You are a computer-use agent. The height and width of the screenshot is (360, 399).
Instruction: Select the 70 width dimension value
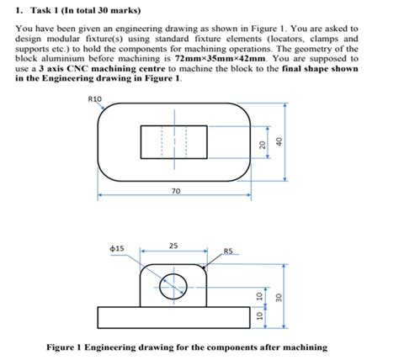tap(174, 192)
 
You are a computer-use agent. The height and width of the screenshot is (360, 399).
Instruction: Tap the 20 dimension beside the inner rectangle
tap(263, 144)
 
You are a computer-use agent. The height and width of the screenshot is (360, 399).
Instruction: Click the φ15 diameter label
tap(117, 248)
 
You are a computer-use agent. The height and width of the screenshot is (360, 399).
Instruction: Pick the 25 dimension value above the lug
tap(173, 246)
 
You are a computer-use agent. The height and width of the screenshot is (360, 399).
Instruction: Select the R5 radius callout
tap(228, 250)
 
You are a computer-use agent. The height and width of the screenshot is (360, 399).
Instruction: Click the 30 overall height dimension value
tap(277, 299)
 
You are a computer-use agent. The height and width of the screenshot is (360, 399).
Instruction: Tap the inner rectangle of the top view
tap(174, 142)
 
